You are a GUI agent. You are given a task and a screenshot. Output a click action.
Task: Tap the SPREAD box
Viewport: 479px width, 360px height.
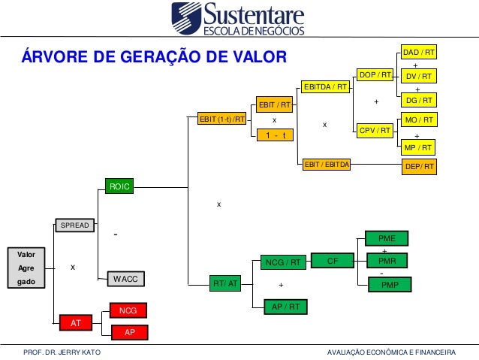click(75, 225)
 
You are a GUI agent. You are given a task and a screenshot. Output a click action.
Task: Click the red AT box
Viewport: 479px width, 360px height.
click(75, 322)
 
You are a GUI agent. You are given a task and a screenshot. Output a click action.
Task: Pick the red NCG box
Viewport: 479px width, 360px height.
click(128, 310)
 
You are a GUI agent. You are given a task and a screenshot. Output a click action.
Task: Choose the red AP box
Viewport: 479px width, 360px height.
click(128, 331)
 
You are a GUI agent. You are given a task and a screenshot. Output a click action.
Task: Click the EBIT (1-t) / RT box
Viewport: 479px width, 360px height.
click(221, 119)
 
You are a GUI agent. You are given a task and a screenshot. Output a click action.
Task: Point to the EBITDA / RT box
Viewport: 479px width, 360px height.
click(326, 87)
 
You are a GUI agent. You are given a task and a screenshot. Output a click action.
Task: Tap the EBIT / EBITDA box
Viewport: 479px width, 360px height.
click(326, 162)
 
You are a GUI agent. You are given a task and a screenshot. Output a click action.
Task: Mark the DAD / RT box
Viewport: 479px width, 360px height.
click(419, 53)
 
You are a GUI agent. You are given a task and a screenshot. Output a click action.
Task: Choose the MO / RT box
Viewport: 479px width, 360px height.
click(419, 120)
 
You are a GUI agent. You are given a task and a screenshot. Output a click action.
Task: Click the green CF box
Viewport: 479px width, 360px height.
click(333, 262)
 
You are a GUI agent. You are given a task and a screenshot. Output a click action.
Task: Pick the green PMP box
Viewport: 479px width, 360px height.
click(390, 285)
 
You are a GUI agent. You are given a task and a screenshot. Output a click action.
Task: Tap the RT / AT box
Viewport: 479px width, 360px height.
click(225, 283)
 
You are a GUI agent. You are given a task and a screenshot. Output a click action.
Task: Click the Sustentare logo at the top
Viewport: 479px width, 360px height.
click(239, 20)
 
